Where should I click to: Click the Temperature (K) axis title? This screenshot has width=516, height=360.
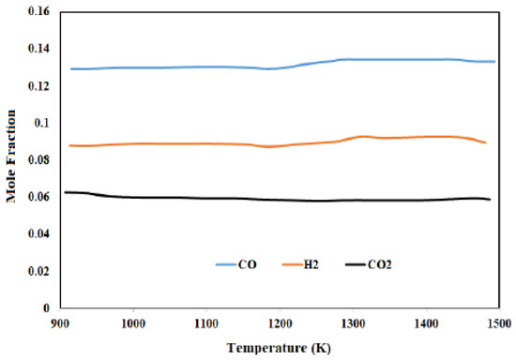pyautogui.click(x=279, y=348)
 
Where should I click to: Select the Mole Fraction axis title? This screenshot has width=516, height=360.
pyautogui.click(x=11, y=160)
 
